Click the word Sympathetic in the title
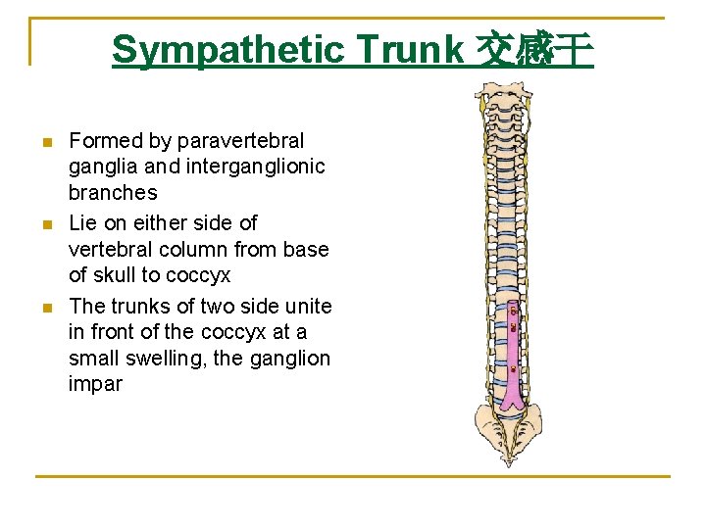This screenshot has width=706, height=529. pyautogui.click(x=228, y=49)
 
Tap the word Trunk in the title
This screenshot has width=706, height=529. pyautogui.click(x=410, y=49)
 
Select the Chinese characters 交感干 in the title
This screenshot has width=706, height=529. pyautogui.click(x=534, y=49)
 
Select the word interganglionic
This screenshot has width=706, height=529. pyautogui.click(x=255, y=168)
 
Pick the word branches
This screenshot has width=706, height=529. pyautogui.click(x=113, y=193)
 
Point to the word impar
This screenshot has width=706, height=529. pyautogui.click(x=95, y=383)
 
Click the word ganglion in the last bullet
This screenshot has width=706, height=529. pyautogui.click(x=290, y=358)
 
